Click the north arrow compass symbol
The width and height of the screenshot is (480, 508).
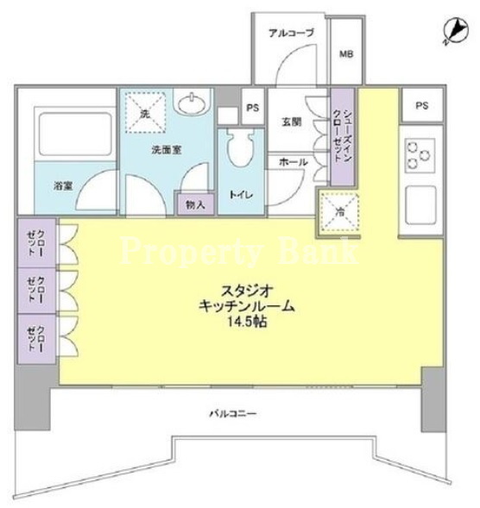pos(456,31)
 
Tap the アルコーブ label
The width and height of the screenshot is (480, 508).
pos(292,33)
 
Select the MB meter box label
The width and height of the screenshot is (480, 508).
pos(346,53)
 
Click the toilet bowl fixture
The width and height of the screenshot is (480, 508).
pos(240,147)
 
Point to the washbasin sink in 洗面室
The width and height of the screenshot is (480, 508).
pos(193,103)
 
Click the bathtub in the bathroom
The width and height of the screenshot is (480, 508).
pos(75,134)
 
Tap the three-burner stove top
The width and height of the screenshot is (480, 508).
pos(420,155)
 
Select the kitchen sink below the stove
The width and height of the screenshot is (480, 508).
pos(420,205)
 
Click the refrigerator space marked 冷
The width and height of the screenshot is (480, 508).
pos(339,212)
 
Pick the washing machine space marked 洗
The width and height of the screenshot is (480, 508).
pos(145,113)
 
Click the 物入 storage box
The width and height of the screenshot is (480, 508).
pos(196,204)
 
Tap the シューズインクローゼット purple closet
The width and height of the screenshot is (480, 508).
pos(343,137)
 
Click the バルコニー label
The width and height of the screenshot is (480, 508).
pos(233,413)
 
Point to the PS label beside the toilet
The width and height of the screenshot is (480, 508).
pos(253,108)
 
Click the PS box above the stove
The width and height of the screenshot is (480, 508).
pos(422,105)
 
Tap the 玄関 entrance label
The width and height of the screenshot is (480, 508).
pos(291,122)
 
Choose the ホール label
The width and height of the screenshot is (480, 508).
pos(294,162)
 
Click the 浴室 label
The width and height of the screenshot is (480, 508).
pos(63,186)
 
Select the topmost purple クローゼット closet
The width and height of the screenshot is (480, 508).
pos(36,243)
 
